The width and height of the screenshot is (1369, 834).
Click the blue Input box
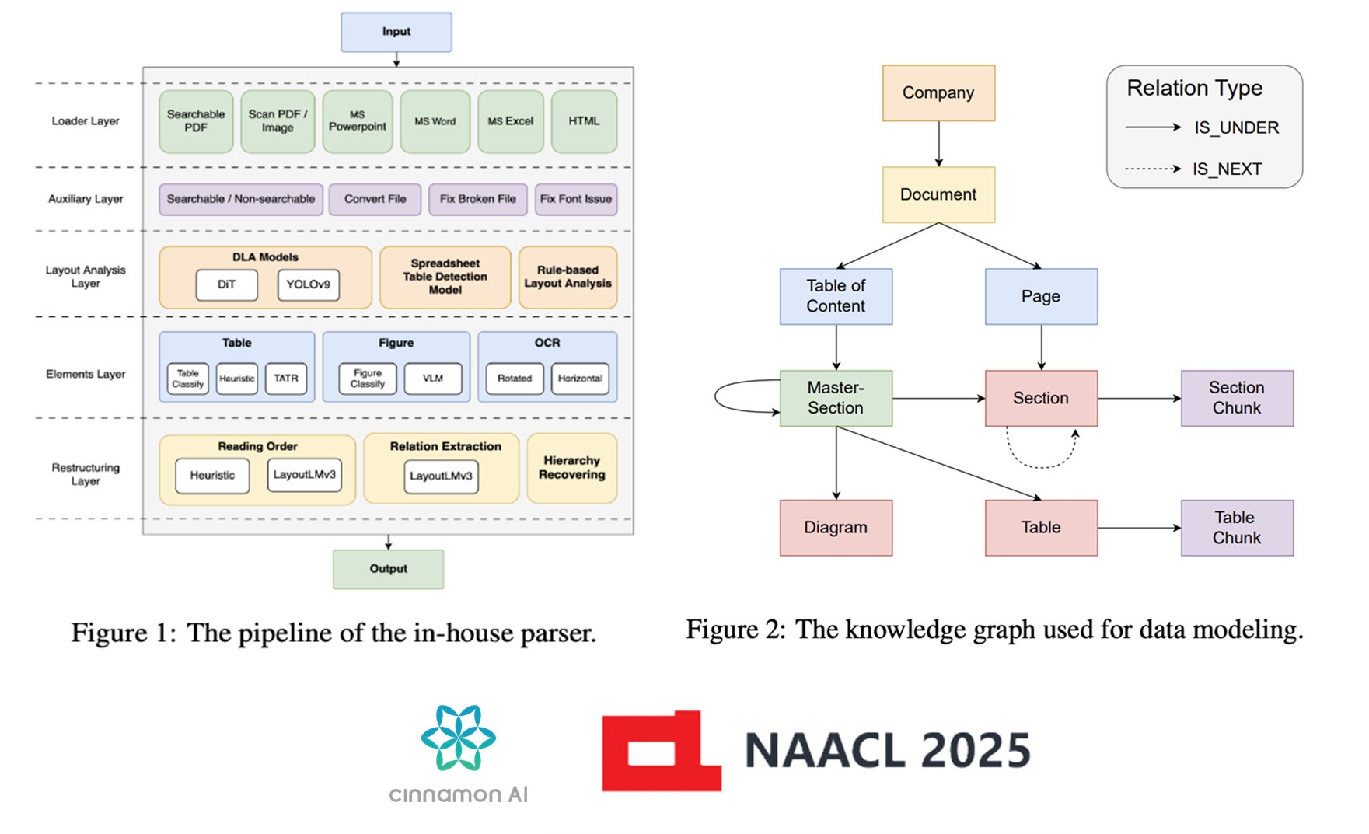point(396,32)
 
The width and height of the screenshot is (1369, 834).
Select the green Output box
point(388,569)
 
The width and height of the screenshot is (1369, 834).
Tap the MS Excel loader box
point(511,121)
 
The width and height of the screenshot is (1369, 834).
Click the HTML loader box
point(584,121)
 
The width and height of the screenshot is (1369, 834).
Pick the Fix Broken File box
point(478,199)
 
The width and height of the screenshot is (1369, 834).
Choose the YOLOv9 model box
point(308,284)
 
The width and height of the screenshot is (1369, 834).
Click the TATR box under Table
point(286,379)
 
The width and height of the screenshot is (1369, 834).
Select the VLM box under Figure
point(433,379)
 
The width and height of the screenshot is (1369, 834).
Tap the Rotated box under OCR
point(515,379)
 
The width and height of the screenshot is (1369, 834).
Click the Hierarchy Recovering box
point(572,468)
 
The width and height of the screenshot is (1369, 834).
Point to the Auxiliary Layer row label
point(86,199)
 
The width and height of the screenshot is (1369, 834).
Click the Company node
point(938,93)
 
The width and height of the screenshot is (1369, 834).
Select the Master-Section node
point(836,398)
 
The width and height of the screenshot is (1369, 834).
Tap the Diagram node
point(836,528)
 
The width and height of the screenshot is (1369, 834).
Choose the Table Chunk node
point(1237,528)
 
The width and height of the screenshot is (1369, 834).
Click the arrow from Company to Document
point(938,144)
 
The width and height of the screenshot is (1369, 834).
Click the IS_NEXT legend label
point(1227,169)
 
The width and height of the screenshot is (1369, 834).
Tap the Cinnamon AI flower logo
point(458,738)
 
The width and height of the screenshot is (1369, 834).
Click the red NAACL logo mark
point(661,751)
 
